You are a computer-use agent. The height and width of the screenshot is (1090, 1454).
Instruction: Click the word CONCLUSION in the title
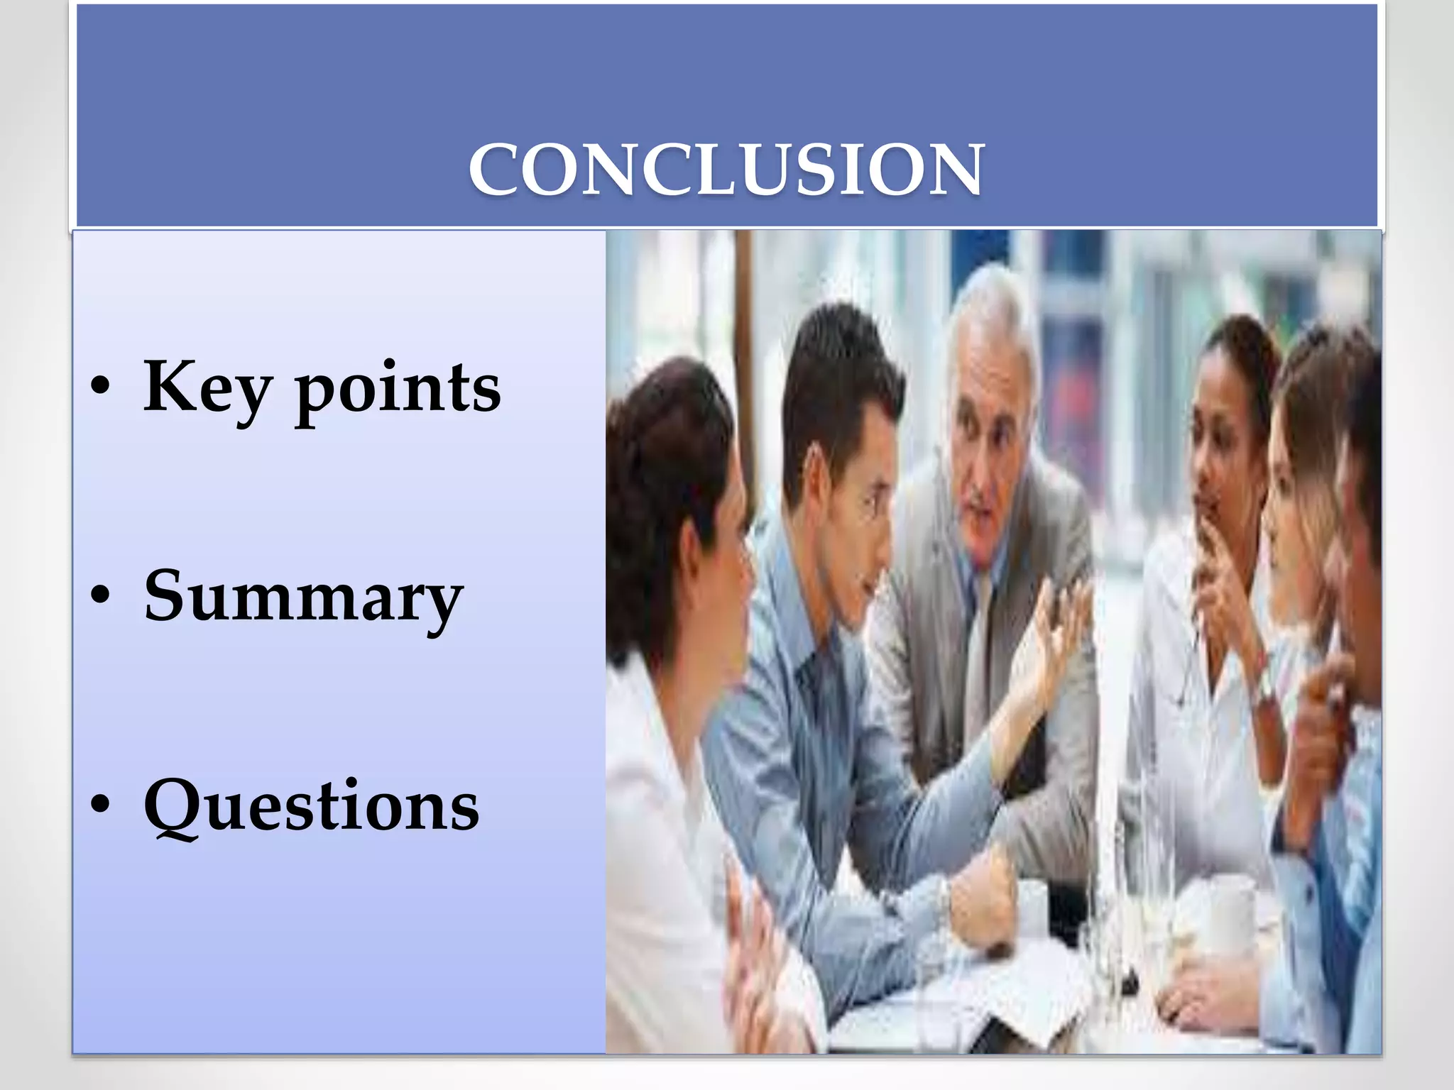726,170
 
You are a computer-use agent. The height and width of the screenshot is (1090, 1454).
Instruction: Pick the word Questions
311,806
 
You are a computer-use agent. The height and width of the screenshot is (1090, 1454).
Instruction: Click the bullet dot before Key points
100,387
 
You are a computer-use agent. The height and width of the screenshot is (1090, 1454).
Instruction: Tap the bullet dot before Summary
100,596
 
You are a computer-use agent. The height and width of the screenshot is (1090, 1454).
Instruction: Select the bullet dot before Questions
100,805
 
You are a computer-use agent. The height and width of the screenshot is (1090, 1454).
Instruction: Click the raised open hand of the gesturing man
1058,639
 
